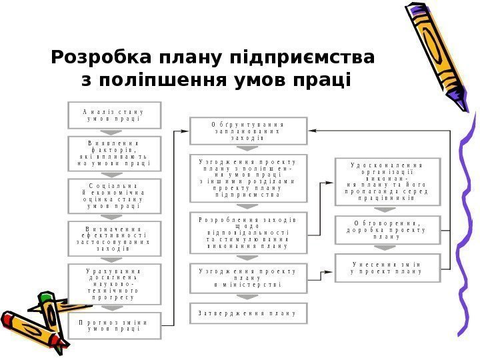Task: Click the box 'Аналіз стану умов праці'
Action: tap(115, 114)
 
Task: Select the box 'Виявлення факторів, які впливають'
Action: tap(115, 154)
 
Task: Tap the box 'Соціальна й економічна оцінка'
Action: tap(115, 194)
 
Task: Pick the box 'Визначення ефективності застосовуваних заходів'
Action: tap(115, 238)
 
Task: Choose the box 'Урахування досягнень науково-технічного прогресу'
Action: tap(115, 285)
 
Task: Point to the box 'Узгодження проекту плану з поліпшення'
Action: tap(249, 178)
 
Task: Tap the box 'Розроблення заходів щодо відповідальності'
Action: tap(249, 233)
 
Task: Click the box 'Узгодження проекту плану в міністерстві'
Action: tap(249, 278)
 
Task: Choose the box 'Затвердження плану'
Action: tap(249, 312)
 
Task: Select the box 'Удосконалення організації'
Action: tap(387, 181)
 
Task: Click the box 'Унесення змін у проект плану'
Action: tap(387, 267)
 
